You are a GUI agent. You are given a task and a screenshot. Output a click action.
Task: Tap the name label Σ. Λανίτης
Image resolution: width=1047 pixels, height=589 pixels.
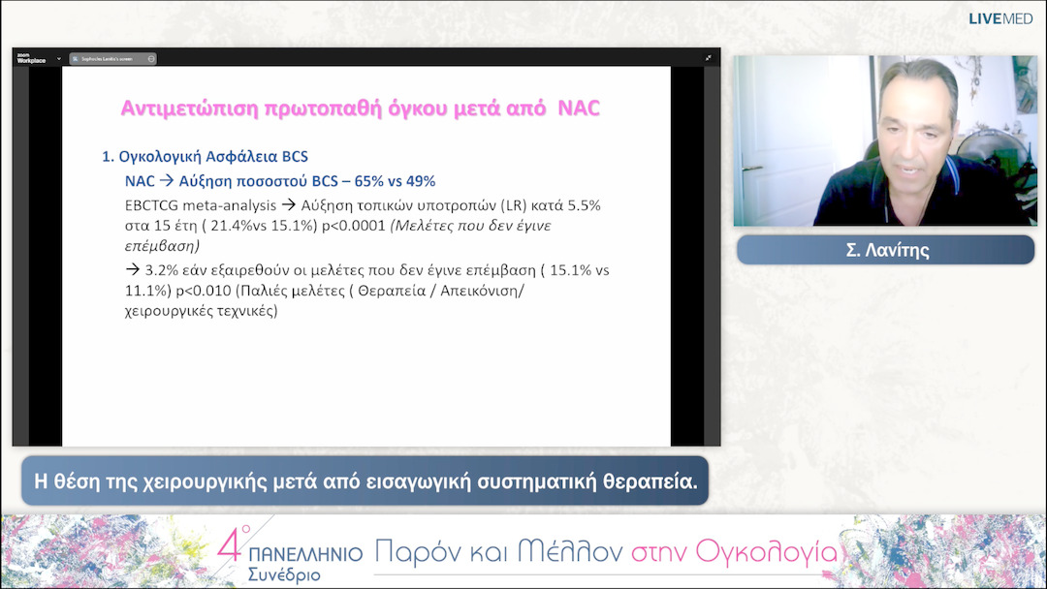click(885, 250)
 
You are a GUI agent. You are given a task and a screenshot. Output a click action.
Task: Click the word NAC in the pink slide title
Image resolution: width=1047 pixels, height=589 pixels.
click(579, 108)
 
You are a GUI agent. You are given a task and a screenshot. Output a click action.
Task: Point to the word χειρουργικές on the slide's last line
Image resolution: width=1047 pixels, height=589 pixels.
click(169, 312)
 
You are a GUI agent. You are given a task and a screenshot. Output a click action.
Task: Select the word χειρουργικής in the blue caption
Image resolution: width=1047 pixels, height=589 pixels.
click(180, 481)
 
